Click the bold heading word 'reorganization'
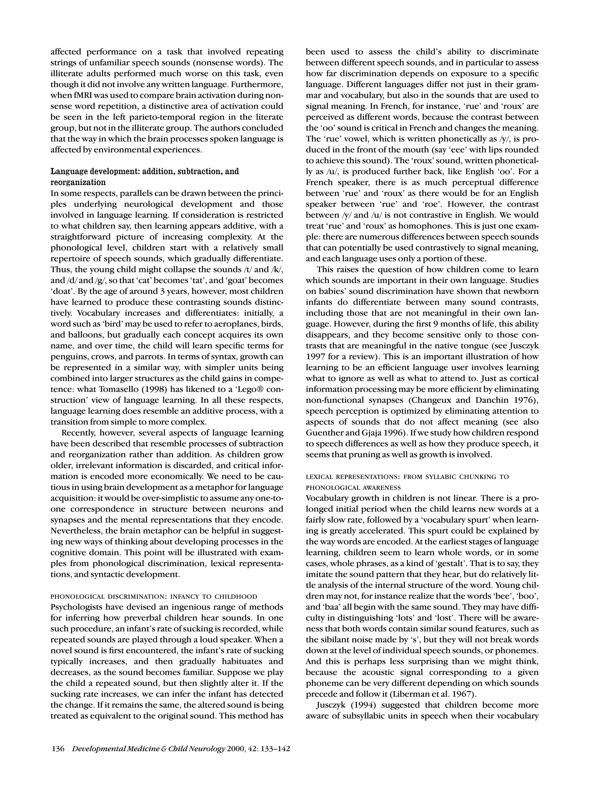[x=78, y=182]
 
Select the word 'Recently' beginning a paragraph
[x=77, y=433]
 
